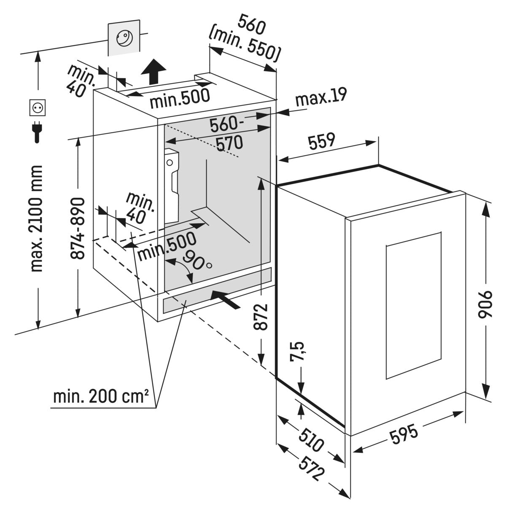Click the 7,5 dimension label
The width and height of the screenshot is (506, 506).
[x=297, y=351]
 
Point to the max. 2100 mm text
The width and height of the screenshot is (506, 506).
[x=37, y=219]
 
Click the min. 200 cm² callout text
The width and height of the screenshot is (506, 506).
[x=101, y=397]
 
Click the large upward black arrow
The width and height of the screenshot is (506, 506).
[x=153, y=72]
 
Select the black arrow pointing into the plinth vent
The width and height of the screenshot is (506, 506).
[x=226, y=299]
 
